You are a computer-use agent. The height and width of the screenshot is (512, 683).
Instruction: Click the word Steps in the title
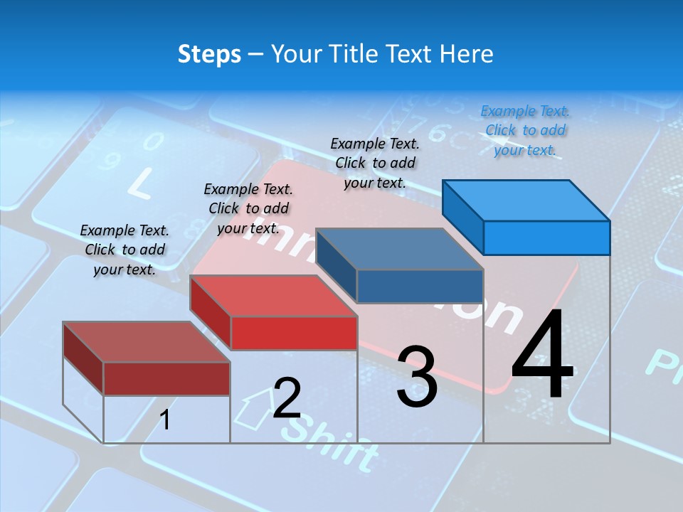[x=209, y=54]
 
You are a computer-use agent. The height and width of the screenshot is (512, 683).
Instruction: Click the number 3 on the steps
[x=416, y=377]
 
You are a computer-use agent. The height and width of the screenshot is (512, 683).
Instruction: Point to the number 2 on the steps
[x=287, y=398]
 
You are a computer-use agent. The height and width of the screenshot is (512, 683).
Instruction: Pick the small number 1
[x=165, y=420]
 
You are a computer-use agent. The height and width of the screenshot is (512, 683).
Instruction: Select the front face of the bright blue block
[x=546, y=238]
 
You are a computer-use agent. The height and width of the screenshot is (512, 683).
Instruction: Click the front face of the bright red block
[x=294, y=333]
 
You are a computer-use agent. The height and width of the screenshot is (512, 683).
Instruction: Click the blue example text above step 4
[x=525, y=130]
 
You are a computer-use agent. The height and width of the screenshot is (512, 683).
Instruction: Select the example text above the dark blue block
[x=375, y=163]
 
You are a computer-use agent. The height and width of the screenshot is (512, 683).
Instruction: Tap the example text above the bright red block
[x=248, y=208]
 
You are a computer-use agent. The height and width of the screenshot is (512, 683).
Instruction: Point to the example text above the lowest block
[x=125, y=250]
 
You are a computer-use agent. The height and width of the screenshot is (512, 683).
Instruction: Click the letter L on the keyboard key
[x=139, y=186]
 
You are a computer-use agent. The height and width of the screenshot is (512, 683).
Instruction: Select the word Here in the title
[x=467, y=54]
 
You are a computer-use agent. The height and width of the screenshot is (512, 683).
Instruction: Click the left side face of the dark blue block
[x=337, y=265]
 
